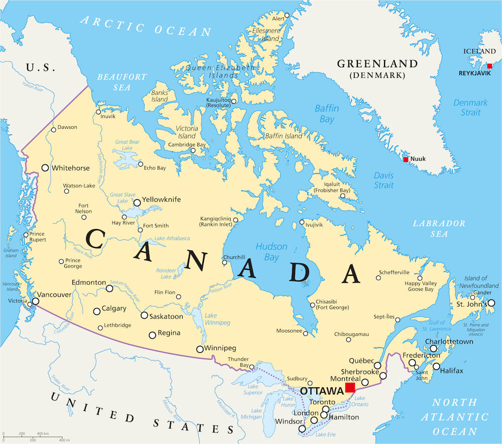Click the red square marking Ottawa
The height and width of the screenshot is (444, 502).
350,387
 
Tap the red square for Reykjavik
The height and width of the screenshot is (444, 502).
489,66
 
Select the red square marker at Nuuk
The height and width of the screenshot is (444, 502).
406,160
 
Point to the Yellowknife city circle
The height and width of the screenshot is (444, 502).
137,203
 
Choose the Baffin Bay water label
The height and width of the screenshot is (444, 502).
327,114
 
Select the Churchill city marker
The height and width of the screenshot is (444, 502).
225,262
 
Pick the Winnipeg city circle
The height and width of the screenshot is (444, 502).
200,349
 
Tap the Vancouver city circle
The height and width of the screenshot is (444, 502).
35,301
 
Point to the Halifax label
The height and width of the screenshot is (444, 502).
451,371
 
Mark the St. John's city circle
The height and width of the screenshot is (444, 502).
491,303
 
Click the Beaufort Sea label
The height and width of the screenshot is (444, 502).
121,82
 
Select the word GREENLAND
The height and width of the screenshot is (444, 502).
377,64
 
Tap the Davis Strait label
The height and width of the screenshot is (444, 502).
384,181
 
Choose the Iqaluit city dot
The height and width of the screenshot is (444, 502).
342,196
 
